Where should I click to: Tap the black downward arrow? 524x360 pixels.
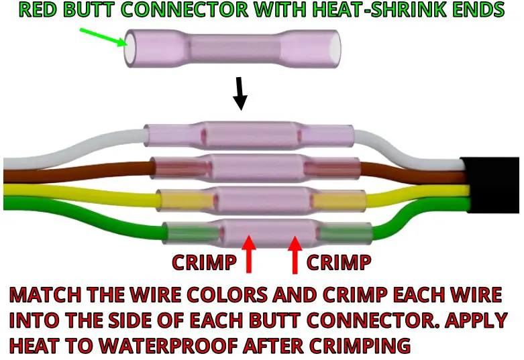(240, 94)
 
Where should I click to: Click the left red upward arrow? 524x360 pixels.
(250, 255)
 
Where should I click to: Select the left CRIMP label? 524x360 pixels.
(204, 263)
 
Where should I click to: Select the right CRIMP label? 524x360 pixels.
(338, 263)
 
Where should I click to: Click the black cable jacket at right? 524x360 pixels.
(493, 184)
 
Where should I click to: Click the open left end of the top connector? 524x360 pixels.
(131, 49)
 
